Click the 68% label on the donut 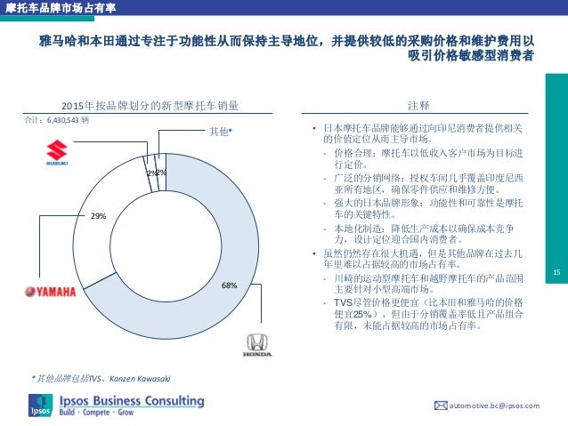coord(229,285)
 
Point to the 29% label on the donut coord(99,216)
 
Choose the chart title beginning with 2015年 coord(149,106)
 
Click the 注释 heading coord(418,106)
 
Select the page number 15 coord(556,272)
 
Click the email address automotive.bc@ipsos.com coord(498,406)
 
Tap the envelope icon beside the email coord(440,406)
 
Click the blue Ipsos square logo coord(40,404)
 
